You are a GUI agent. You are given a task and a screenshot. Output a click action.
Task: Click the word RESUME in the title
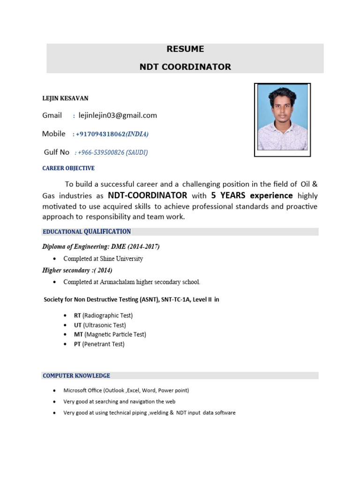(185, 49)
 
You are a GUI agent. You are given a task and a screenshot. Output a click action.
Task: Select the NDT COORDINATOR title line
(185, 67)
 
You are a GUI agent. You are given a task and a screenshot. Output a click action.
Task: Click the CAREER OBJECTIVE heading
(68, 168)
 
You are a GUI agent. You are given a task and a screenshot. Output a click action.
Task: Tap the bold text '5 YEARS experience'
(252, 195)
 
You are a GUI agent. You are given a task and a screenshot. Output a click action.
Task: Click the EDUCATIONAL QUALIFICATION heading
(87, 232)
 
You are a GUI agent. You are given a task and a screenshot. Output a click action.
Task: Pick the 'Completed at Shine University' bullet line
(103, 259)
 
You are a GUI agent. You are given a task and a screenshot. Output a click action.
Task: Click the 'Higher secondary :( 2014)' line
(77, 270)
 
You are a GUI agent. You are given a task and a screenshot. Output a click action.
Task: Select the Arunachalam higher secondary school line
(132, 282)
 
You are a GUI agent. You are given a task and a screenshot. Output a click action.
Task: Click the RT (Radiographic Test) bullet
(103, 315)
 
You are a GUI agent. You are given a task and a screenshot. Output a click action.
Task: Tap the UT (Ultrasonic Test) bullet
(100, 325)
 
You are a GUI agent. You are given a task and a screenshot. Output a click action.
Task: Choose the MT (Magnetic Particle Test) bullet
(110, 334)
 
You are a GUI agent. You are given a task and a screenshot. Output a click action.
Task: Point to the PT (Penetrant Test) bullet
(99, 344)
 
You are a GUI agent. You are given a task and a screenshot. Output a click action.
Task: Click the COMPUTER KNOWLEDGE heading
(76, 375)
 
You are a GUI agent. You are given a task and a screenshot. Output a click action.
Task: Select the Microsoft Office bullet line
(126, 390)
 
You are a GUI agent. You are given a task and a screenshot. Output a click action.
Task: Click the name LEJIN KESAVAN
(66, 98)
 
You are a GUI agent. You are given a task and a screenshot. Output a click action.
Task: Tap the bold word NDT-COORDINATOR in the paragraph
(148, 195)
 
